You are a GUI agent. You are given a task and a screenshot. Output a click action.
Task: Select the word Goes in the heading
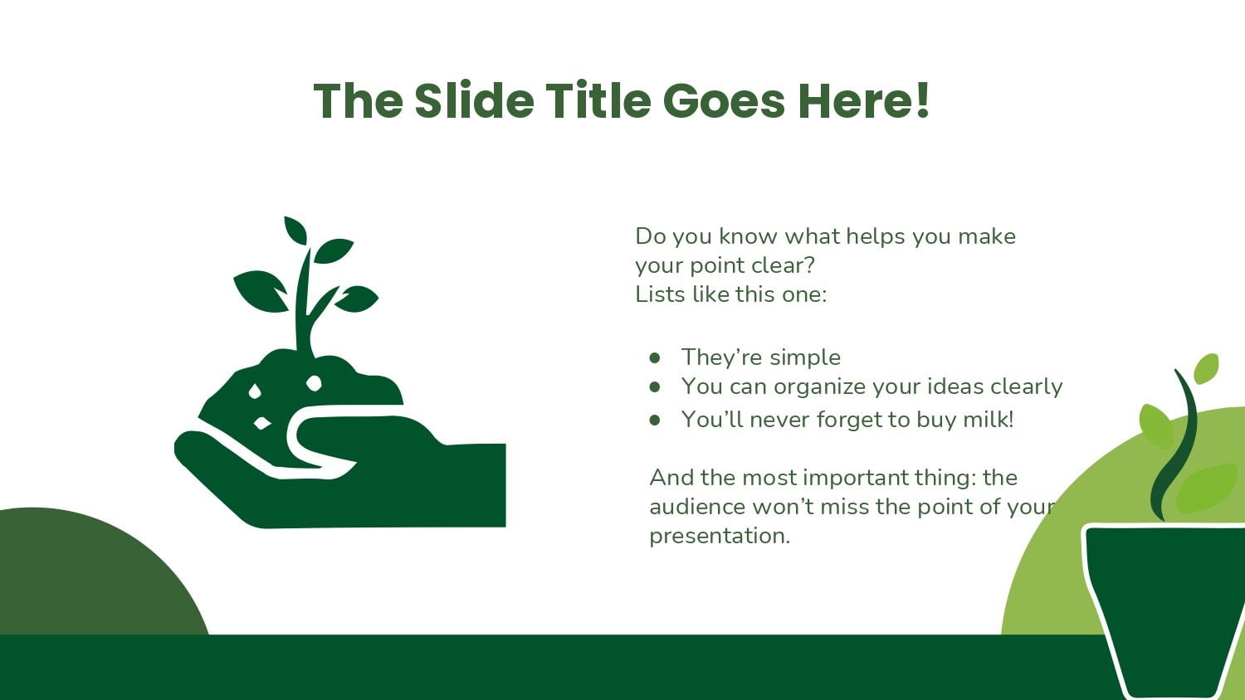(x=725, y=100)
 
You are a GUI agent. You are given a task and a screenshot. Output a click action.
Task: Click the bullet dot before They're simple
(x=655, y=357)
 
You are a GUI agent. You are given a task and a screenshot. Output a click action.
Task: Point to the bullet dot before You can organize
(x=655, y=386)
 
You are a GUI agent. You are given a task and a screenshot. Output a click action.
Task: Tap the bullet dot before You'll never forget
(x=655, y=420)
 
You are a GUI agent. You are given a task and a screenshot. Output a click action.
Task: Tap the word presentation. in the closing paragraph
(x=720, y=537)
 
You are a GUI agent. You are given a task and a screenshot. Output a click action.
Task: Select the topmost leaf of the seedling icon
(x=295, y=230)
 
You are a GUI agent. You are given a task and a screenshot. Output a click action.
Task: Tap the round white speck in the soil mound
(x=314, y=383)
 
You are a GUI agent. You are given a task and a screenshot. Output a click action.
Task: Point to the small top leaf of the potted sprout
(x=1206, y=368)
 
